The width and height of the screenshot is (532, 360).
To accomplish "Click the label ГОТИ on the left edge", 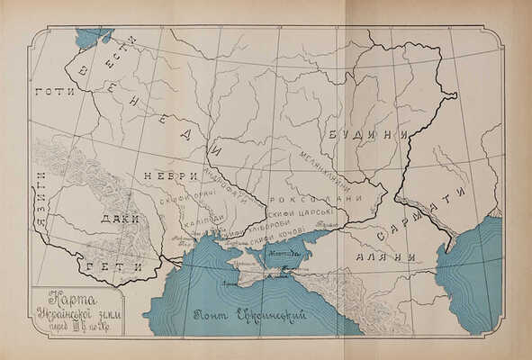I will click(x=52, y=92).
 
